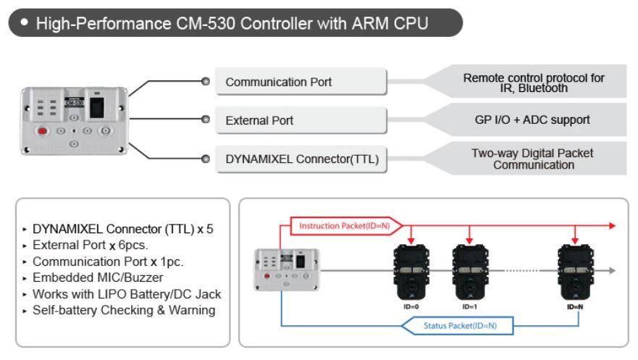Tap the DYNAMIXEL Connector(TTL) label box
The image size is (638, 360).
[x=301, y=159]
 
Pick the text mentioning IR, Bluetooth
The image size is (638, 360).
[x=534, y=83]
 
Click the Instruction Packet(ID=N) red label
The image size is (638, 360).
[x=344, y=226]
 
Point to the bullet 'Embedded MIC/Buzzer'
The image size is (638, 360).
[x=98, y=278]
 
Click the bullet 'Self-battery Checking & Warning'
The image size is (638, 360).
[x=124, y=311]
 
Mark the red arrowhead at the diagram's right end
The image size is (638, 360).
[x=612, y=226]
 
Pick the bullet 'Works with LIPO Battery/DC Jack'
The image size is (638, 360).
[x=127, y=295]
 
